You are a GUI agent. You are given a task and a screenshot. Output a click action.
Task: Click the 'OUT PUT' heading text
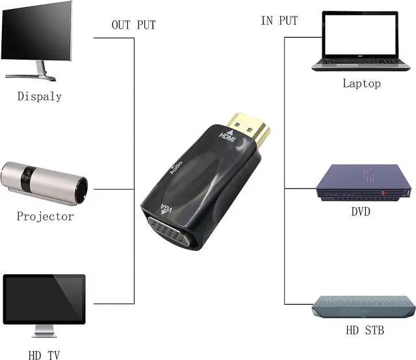(x=134, y=25)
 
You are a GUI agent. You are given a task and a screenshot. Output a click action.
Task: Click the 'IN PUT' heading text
(x=279, y=21)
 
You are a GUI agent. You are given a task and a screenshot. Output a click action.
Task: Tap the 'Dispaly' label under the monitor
(x=40, y=96)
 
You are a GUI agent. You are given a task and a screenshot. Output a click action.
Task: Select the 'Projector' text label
(x=45, y=216)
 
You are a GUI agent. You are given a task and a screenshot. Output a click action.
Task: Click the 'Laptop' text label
(x=361, y=83)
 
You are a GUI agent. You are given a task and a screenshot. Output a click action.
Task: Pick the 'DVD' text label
(x=361, y=212)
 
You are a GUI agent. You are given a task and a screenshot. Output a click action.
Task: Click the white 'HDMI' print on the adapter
(x=227, y=139)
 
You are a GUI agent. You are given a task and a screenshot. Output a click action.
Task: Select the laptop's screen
(x=361, y=34)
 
